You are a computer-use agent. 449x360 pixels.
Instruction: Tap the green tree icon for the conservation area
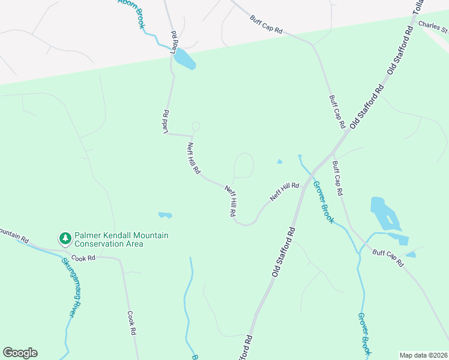tap(65, 239)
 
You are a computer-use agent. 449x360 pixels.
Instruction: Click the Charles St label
tap(433, 26)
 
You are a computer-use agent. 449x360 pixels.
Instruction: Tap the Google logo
tap(20, 353)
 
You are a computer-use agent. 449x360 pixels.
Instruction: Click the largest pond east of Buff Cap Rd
tap(384, 213)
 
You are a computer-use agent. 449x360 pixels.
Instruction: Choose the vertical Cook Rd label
tap(133, 323)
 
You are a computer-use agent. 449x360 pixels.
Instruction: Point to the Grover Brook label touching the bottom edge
tap(364, 333)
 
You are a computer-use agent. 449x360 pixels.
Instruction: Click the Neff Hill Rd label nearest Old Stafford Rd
tap(285, 191)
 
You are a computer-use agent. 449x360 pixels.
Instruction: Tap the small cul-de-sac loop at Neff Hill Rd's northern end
tap(195, 127)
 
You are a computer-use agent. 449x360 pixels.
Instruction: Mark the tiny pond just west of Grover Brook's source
tap(279, 161)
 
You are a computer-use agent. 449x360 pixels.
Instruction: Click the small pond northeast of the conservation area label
tap(165, 215)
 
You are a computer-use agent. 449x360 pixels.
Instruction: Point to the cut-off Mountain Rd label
tap(13, 234)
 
